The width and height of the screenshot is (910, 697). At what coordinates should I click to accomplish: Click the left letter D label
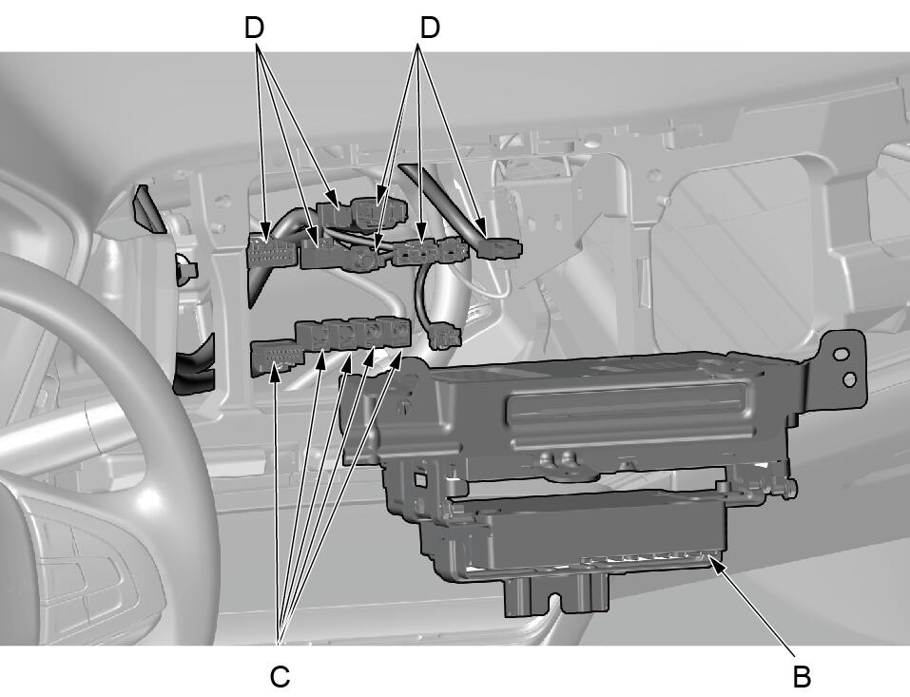[x=254, y=28]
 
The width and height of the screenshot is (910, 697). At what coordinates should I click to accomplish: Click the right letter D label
[x=430, y=28]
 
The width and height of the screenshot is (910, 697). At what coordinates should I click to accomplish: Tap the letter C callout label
[x=280, y=676]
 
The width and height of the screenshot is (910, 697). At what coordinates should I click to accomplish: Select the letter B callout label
[x=802, y=676]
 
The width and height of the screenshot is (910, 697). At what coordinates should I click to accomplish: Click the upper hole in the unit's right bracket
[x=841, y=354]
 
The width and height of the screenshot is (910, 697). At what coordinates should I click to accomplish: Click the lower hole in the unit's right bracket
[x=848, y=379]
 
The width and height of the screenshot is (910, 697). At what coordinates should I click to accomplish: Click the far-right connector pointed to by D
[x=500, y=249]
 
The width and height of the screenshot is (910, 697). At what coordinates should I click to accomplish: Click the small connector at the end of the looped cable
[x=445, y=337]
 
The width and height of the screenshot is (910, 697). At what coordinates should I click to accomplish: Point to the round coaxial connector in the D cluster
[x=367, y=260]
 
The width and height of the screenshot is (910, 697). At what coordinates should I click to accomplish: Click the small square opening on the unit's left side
[x=418, y=477]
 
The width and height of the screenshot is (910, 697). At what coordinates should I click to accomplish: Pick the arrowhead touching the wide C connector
[x=276, y=374]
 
